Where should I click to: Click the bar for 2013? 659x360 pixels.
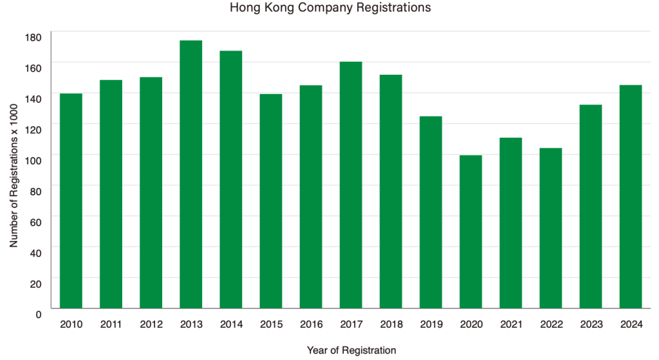[190, 174]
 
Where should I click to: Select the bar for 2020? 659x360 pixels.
[471, 231]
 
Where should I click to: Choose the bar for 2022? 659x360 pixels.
[551, 228]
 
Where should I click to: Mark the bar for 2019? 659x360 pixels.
[431, 212]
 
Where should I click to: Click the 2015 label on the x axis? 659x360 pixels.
[271, 325]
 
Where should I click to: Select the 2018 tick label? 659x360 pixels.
[391, 325]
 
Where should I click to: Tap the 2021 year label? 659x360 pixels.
[511, 325]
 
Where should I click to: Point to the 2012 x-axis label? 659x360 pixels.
[151, 325]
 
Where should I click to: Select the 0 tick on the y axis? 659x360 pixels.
[38, 314]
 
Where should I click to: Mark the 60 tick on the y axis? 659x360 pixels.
[35, 222]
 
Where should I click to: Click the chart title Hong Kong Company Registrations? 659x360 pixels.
[329, 8]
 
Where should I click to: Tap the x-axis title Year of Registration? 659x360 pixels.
[351, 350]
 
